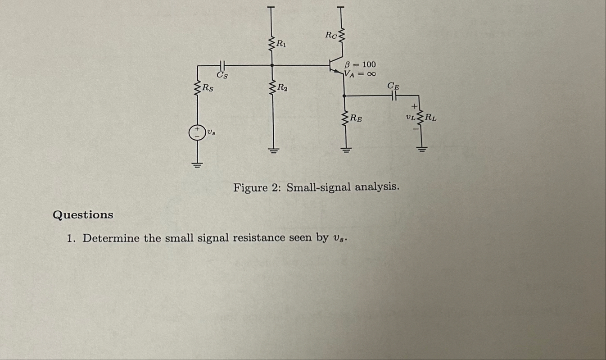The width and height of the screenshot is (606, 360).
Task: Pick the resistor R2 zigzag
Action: tap(272, 87)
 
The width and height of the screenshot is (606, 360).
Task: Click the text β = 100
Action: tap(360, 65)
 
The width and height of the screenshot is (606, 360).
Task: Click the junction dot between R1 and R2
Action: tap(272, 65)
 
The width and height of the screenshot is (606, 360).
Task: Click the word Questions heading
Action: tap(83, 215)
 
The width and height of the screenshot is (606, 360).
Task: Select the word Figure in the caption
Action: tap(250, 187)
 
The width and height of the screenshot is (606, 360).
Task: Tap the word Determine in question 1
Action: tap(111, 238)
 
